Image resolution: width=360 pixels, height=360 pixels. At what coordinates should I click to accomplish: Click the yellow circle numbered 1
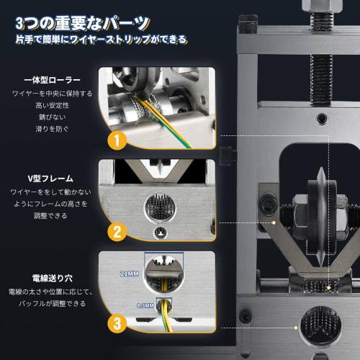pos(116,138)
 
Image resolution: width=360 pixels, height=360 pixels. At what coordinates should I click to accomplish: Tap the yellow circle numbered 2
pos(116,232)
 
